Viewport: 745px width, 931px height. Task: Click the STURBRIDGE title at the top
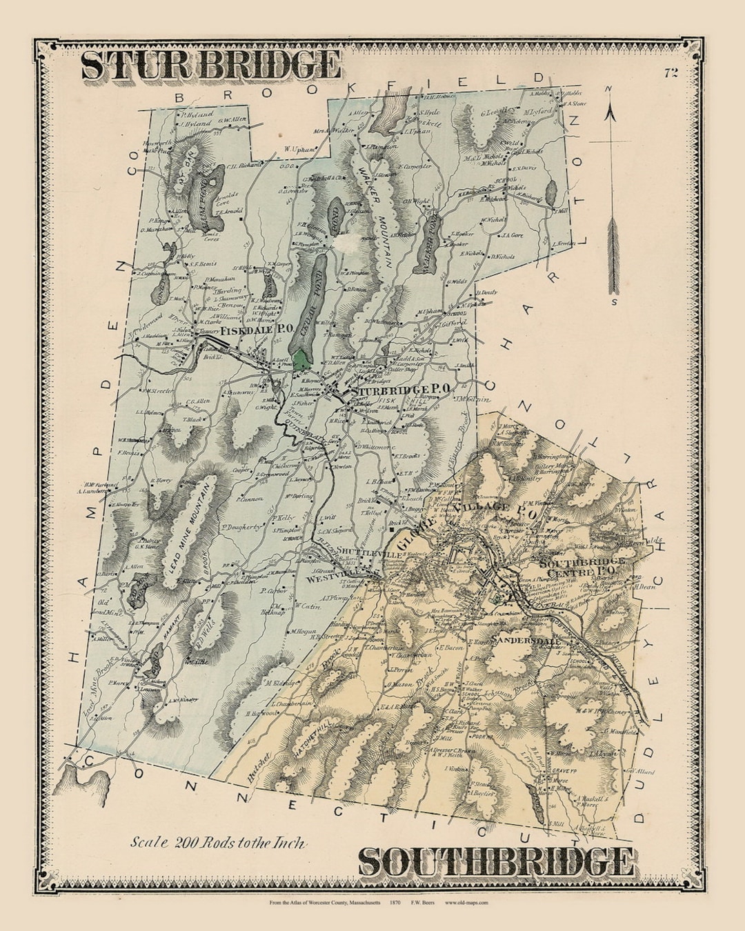(210, 66)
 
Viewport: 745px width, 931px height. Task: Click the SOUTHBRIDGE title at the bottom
(495, 862)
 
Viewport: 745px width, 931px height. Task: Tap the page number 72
(671, 73)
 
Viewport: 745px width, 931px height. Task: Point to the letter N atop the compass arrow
(608, 89)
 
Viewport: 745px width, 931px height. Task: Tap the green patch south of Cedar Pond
(301, 359)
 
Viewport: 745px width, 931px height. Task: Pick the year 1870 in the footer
(395, 903)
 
